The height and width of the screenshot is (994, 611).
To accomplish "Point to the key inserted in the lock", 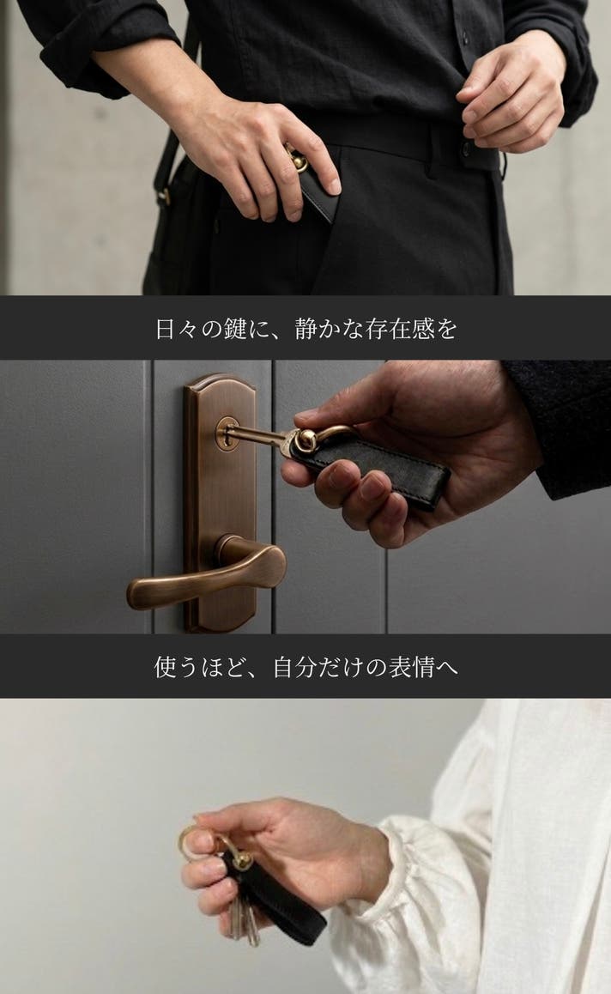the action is [x=257, y=436].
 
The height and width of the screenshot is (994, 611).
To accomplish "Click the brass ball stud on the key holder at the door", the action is [x=306, y=440].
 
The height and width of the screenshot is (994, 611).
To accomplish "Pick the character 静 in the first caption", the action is [x=306, y=329].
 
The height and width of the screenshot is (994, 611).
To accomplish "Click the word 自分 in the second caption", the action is [x=296, y=667].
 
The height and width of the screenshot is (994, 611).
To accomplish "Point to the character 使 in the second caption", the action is [x=166, y=667].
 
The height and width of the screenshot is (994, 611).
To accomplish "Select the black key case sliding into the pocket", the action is [x=317, y=193].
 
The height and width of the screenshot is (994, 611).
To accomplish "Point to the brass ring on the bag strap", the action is [x=164, y=197].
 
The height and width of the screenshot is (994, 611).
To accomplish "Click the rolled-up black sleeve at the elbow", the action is [x=95, y=51].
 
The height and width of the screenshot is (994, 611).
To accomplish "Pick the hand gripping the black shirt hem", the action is [x=513, y=95].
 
